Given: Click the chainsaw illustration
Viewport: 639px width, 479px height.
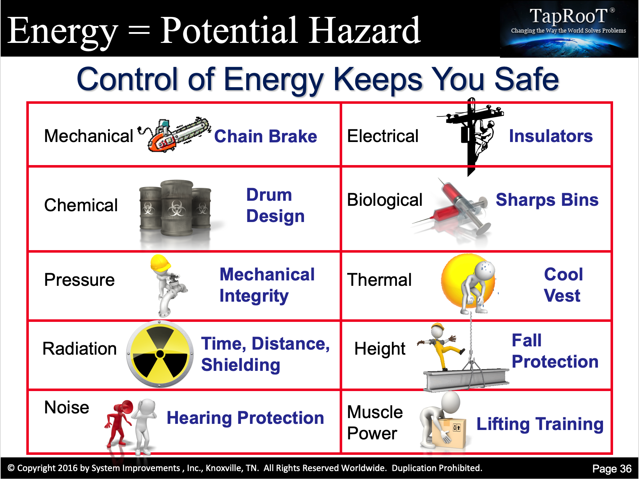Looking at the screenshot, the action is click(x=175, y=134).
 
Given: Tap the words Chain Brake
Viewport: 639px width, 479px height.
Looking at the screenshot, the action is click(x=265, y=136).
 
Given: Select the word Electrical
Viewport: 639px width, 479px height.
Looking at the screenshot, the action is click(x=383, y=136).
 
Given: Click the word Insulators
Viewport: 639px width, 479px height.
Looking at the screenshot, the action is click(x=551, y=136).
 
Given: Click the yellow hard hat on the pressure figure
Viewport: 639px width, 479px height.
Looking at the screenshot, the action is click(x=160, y=262).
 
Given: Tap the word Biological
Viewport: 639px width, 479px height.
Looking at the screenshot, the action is click(x=385, y=200).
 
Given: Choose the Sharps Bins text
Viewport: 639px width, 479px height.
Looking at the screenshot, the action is click(x=547, y=200).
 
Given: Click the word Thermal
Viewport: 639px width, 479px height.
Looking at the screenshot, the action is click(x=379, y=280).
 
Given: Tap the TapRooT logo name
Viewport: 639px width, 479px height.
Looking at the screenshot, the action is click(x=571, y=16).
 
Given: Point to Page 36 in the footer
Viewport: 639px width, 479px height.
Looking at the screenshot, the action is click(x=612, y=469).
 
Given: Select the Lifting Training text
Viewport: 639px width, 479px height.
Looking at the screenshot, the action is click(x=540, y=424).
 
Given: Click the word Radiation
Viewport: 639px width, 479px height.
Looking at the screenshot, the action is click(x=80, y=349).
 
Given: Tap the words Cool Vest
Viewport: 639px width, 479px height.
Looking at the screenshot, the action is click(x=563, y=285).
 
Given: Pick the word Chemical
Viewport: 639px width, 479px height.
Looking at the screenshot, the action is click(x=81, y=205).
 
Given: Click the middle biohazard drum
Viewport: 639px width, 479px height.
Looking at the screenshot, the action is click(x=177, y=208).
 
